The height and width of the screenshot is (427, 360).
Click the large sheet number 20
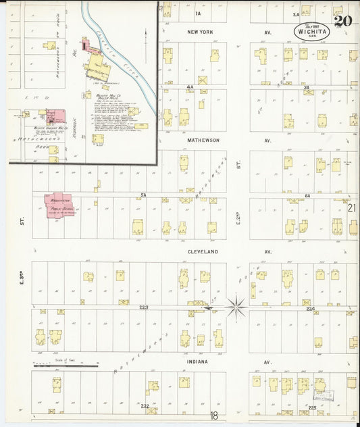click(342, 21)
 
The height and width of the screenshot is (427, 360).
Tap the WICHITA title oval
click(311, 32)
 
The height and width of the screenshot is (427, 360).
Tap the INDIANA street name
click(198, 361)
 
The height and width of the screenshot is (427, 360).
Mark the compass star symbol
click(236, 307)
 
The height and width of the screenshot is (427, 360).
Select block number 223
click(144, 307)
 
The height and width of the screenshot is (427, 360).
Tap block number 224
click(310, 309)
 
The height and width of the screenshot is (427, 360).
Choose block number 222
click(145, 405)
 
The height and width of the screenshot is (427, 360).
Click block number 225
click(312, 408)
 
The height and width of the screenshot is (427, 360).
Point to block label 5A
click(143, 195)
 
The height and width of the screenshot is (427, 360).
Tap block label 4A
click(190, 87)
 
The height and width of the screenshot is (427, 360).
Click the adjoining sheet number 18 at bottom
click(213, 416)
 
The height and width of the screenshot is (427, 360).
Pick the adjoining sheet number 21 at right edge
click(351, 208)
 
